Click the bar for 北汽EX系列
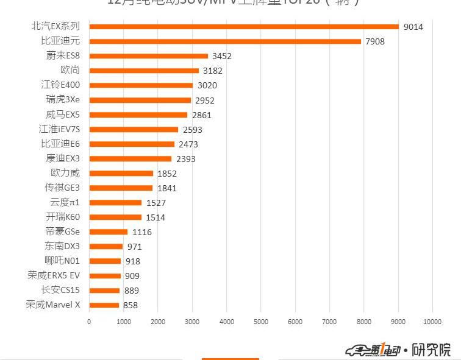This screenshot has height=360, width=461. click(x=244, y=27)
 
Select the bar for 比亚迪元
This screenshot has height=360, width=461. click(x=225, y=41)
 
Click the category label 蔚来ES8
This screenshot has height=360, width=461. click(x=63, y=55)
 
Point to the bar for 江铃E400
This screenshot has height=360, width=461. click(x=141, y=85)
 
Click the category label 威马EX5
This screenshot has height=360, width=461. click(x=63, y=115)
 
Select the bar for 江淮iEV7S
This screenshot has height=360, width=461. click(x=134, y=129)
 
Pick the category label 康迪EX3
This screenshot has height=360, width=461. click(x=63, y=158)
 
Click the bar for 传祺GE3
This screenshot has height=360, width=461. click(x=121, y=188)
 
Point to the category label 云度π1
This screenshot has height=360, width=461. click(x=65, y=202)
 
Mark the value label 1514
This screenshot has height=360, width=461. click(x=155, y=217)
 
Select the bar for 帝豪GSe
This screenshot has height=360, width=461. click(x=108, y=231)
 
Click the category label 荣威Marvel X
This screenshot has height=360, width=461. click(x=53, y=305)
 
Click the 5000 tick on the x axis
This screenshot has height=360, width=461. click(x=260, y=321)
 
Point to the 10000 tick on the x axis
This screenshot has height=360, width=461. click(x=432, y=321)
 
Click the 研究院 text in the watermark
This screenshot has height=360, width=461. click(x=431, y=350)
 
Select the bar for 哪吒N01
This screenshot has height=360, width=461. click(x=105, y=261)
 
